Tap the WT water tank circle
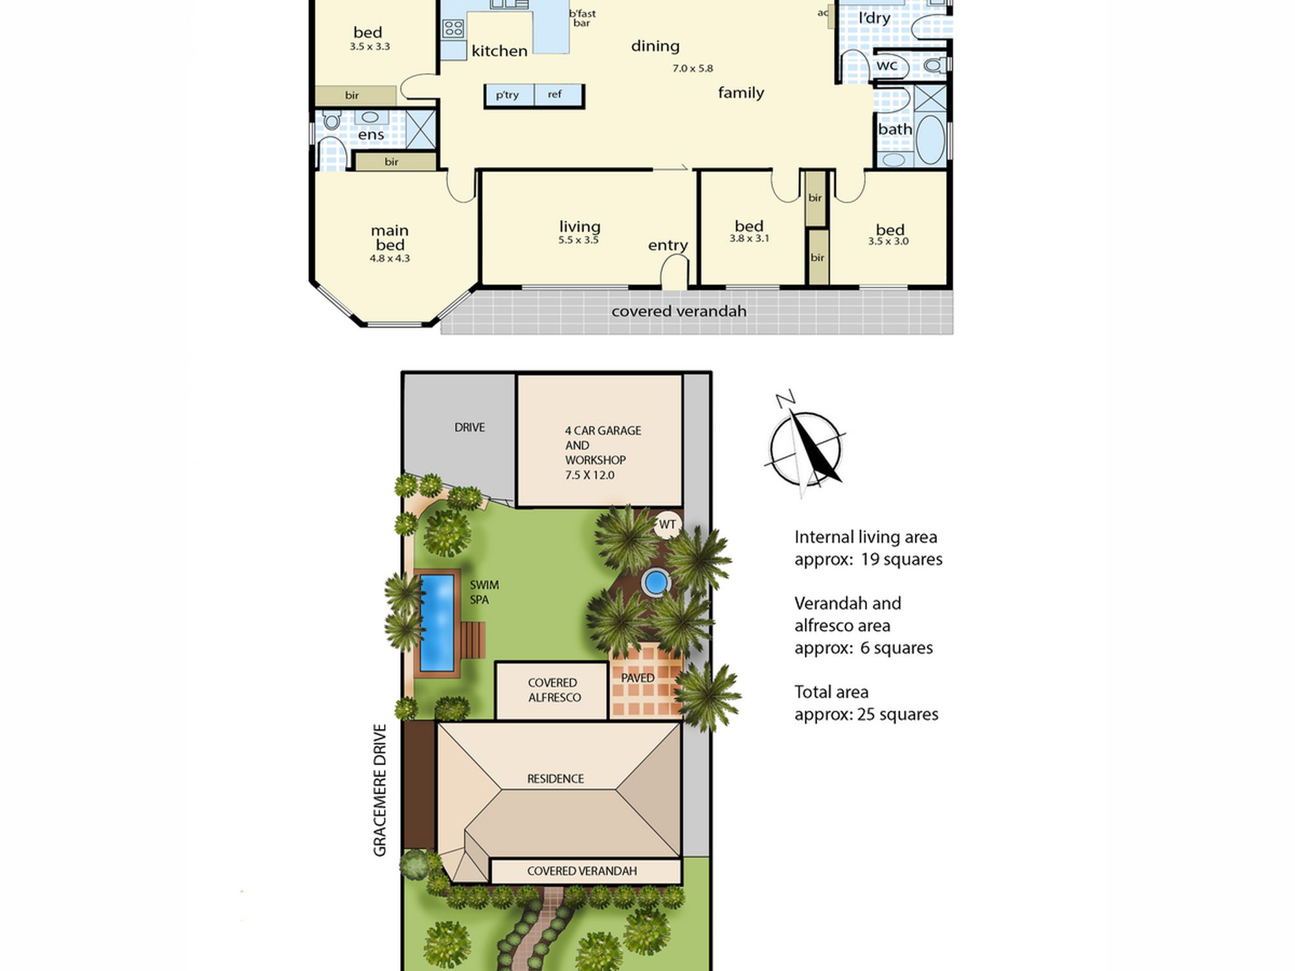tap(668, 524)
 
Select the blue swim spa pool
tap(437, 623)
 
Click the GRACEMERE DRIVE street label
tap(379, 790)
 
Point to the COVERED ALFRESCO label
tap(554, 690)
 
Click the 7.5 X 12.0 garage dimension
tap(589, 474)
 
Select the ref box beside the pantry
tap(558, 95)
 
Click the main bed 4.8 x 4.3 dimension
tap(390, 258)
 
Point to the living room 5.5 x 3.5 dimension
tap(578, 240)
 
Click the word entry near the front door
tap(668, 245)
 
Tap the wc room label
tap(887, 65)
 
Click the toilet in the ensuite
tap(332, 120)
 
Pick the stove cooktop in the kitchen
tap(453, 28)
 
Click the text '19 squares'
tap(901, 559)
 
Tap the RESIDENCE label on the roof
tap(556, 779)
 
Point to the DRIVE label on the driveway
tap(469, 427)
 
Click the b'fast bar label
tap(582, 18)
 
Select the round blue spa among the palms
tap(655, 583)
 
